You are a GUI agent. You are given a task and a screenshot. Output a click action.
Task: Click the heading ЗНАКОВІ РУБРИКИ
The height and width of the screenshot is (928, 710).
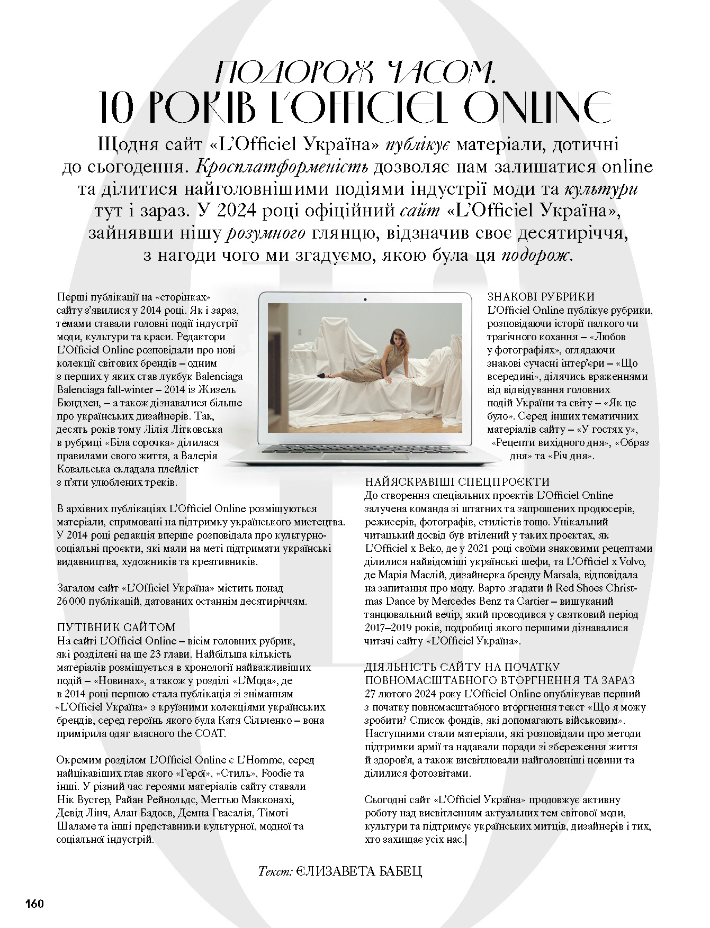pyautogui.click(x=541, y=297)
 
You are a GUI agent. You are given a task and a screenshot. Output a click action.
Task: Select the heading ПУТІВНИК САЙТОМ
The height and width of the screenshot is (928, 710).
pyautogui.click(x=116, y=627)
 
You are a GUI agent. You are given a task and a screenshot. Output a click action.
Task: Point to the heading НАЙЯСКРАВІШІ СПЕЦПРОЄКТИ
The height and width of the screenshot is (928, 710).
pyautogui.click(x=457, y=482)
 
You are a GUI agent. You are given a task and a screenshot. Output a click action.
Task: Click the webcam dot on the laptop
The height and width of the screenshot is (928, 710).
pyautogui.click(x=365, y=299)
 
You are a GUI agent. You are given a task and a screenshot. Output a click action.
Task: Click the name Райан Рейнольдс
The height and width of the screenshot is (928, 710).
pyautogui.click(x=156, y=799)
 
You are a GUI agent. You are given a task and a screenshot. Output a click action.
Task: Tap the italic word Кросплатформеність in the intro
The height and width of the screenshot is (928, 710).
pyautogui.click(x=282, y=167)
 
